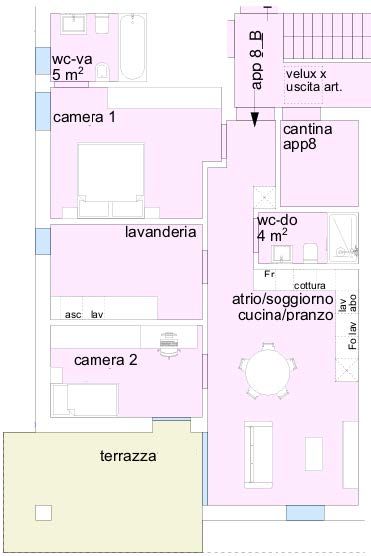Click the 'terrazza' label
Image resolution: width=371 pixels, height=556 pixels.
pos(129,456)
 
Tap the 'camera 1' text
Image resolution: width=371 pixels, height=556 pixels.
pos(84,117)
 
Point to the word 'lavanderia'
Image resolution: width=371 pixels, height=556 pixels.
pos(160,232)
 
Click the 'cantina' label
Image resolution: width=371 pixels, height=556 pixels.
pos(307,130)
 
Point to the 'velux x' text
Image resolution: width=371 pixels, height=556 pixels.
pos(306,74)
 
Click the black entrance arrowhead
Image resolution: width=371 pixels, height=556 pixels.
pos(255,118)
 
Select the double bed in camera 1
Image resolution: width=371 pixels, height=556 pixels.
pos(113,178)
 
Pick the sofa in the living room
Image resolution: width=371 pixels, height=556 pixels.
pos(259,444)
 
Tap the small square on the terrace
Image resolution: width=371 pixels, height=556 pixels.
pos(42,512)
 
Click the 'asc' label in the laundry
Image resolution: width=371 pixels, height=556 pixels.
pos(73,314)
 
